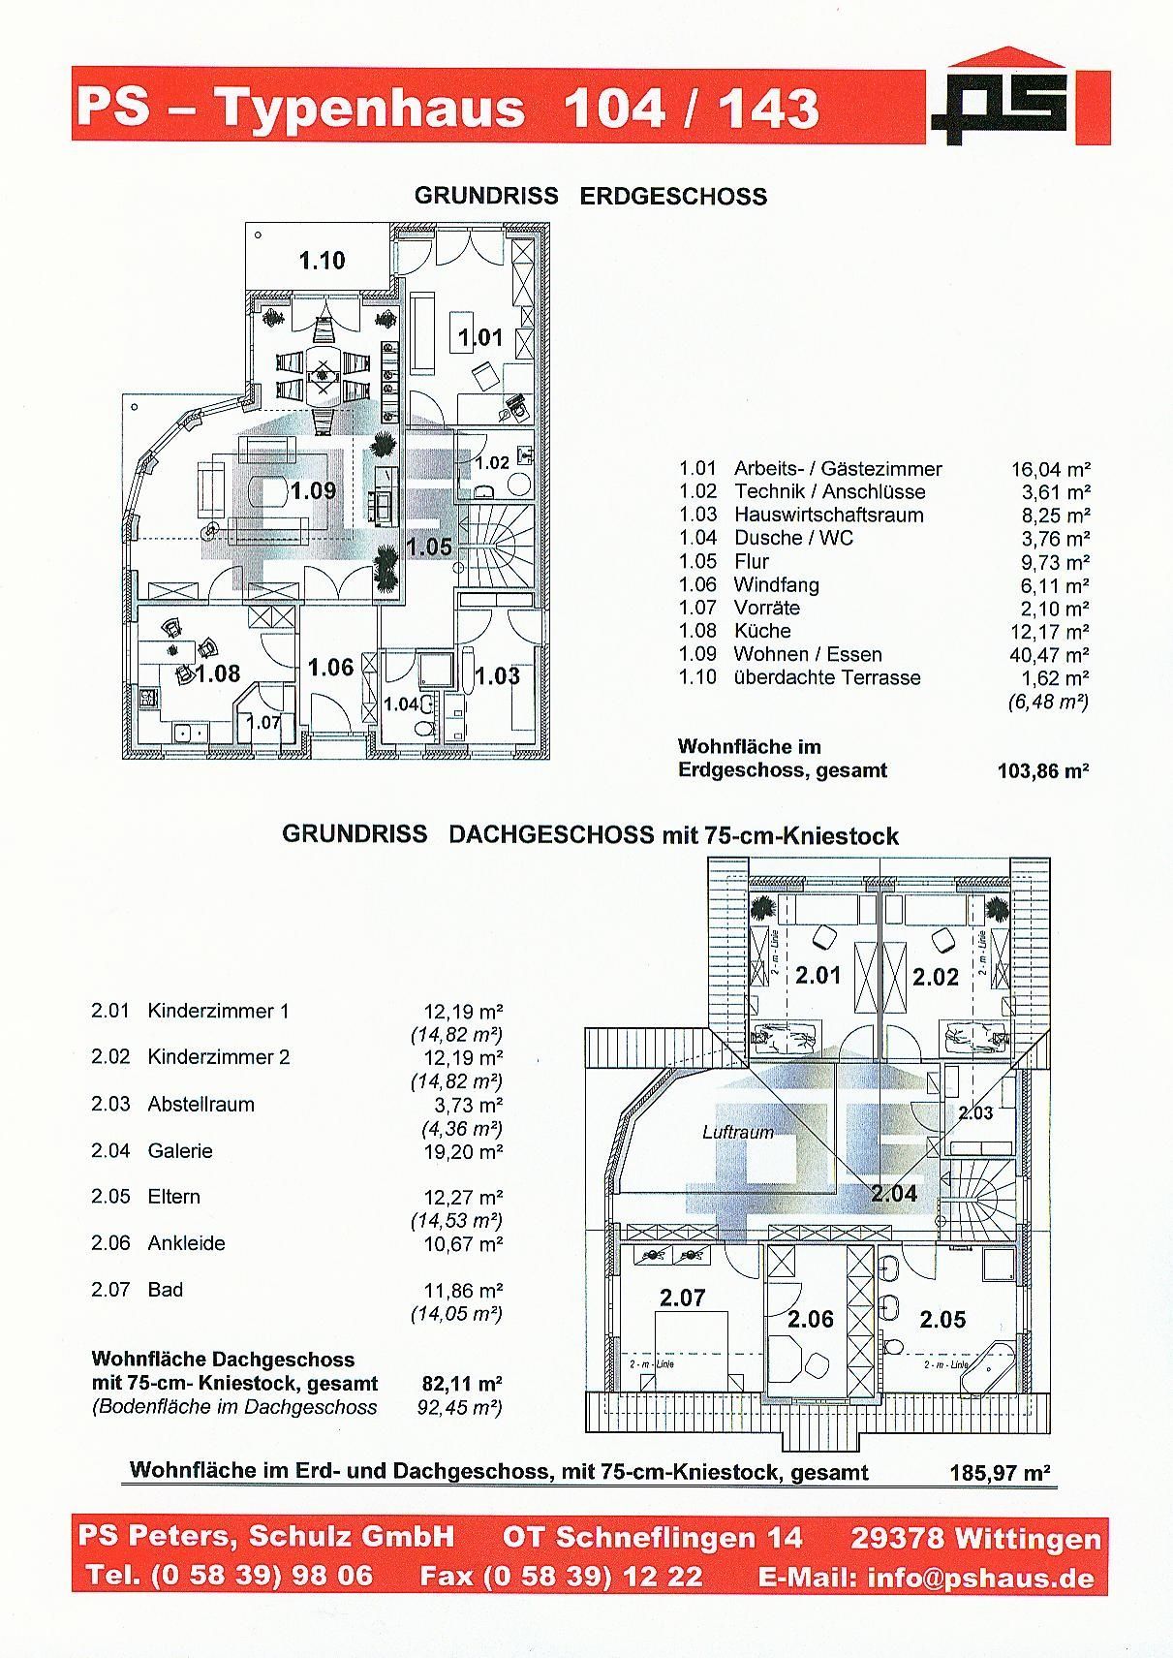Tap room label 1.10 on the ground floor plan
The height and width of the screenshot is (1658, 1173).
click(x=322, y=261)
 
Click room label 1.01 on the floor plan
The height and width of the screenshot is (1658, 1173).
click(x=480, y=337)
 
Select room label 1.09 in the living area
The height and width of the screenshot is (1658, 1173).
click(x=313, y=490)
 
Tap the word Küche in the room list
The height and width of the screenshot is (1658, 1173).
click(x=762, y=631)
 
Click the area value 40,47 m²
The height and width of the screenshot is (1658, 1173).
click(x=1050, y=654)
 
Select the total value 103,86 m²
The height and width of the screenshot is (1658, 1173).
click(x=1043, y=771)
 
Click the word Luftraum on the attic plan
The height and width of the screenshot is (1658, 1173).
click(x=738, y=1132)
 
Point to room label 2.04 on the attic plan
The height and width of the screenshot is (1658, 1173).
click(x=894, y=1193)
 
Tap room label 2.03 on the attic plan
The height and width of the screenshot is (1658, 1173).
click(x=975, y=1112)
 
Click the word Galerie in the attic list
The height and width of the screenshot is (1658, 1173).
click(x=180, y=1151)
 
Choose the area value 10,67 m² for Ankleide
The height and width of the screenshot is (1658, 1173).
click(x=463, y=1243)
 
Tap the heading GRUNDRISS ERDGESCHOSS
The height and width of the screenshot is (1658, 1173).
click(x=591, y=196)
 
